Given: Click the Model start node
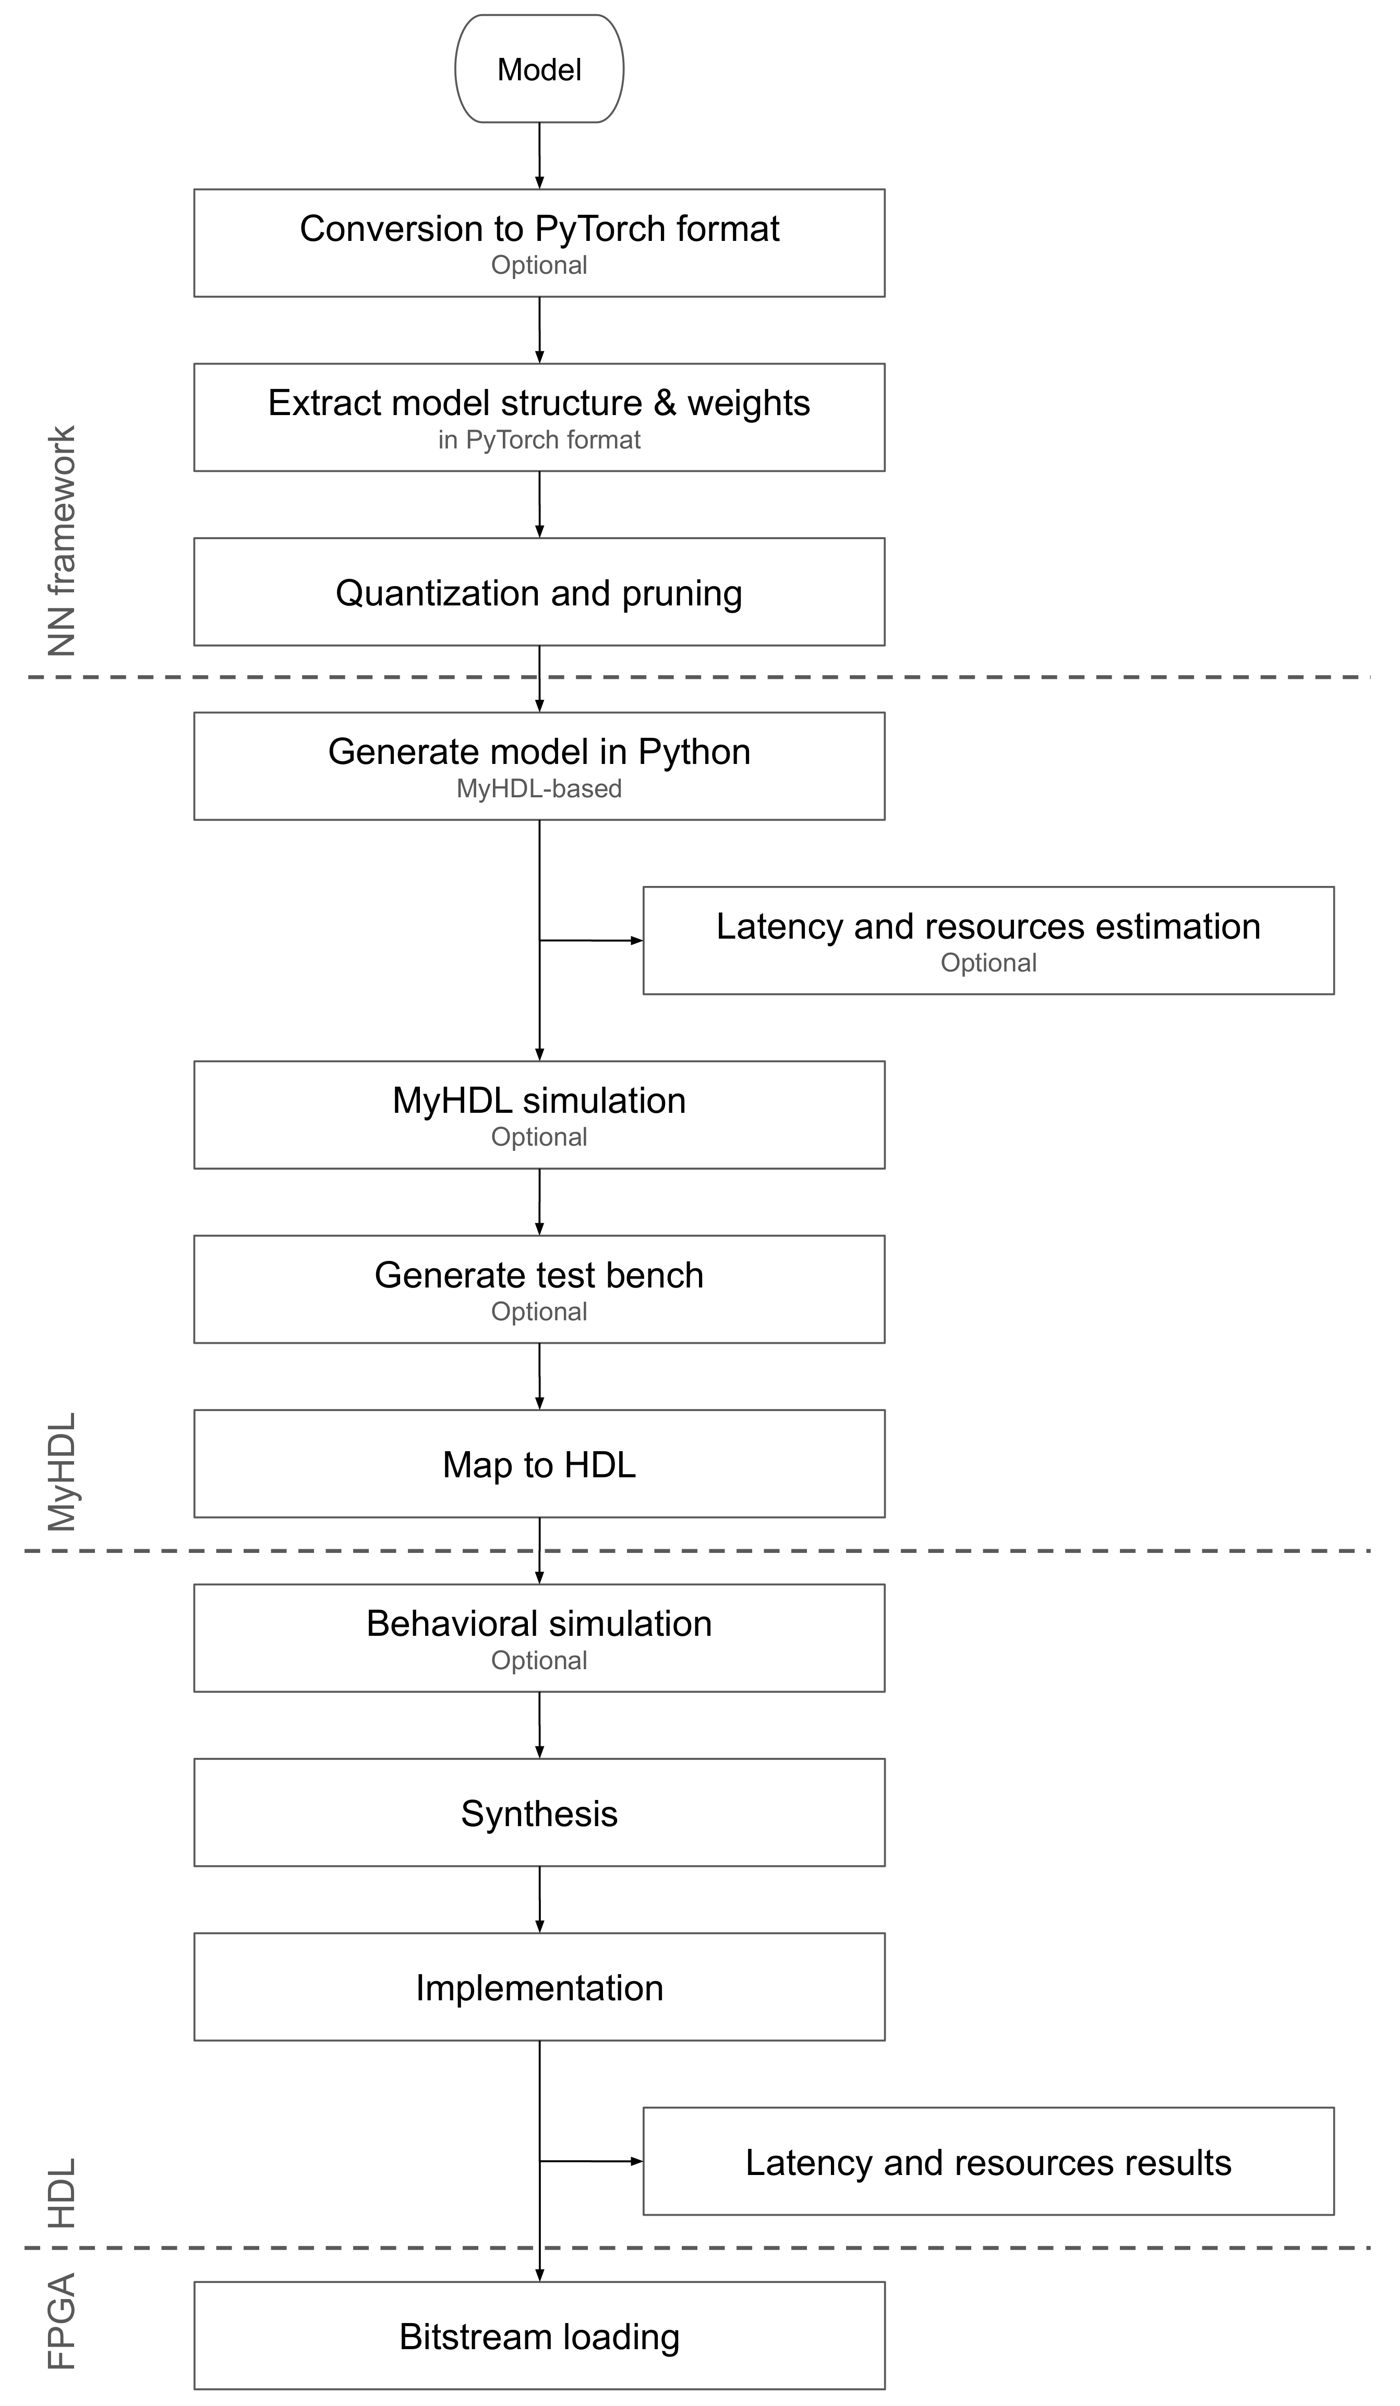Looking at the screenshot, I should point(539,69).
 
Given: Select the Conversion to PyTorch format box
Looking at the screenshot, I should point(539,242).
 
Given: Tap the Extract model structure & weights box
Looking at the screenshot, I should point(539,417).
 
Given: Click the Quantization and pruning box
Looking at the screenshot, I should point(539,592).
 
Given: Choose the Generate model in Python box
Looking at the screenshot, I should point(539,765).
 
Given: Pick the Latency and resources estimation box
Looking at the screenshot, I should point(988,940).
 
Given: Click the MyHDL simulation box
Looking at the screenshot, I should point(539,1114).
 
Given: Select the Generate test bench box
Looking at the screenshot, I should point(539,1289).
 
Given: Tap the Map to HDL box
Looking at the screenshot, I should point(539,1464).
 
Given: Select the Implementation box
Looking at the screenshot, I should point(539,1987).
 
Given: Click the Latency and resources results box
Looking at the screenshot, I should point(988,2161).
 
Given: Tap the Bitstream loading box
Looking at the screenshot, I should point(539,2336).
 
